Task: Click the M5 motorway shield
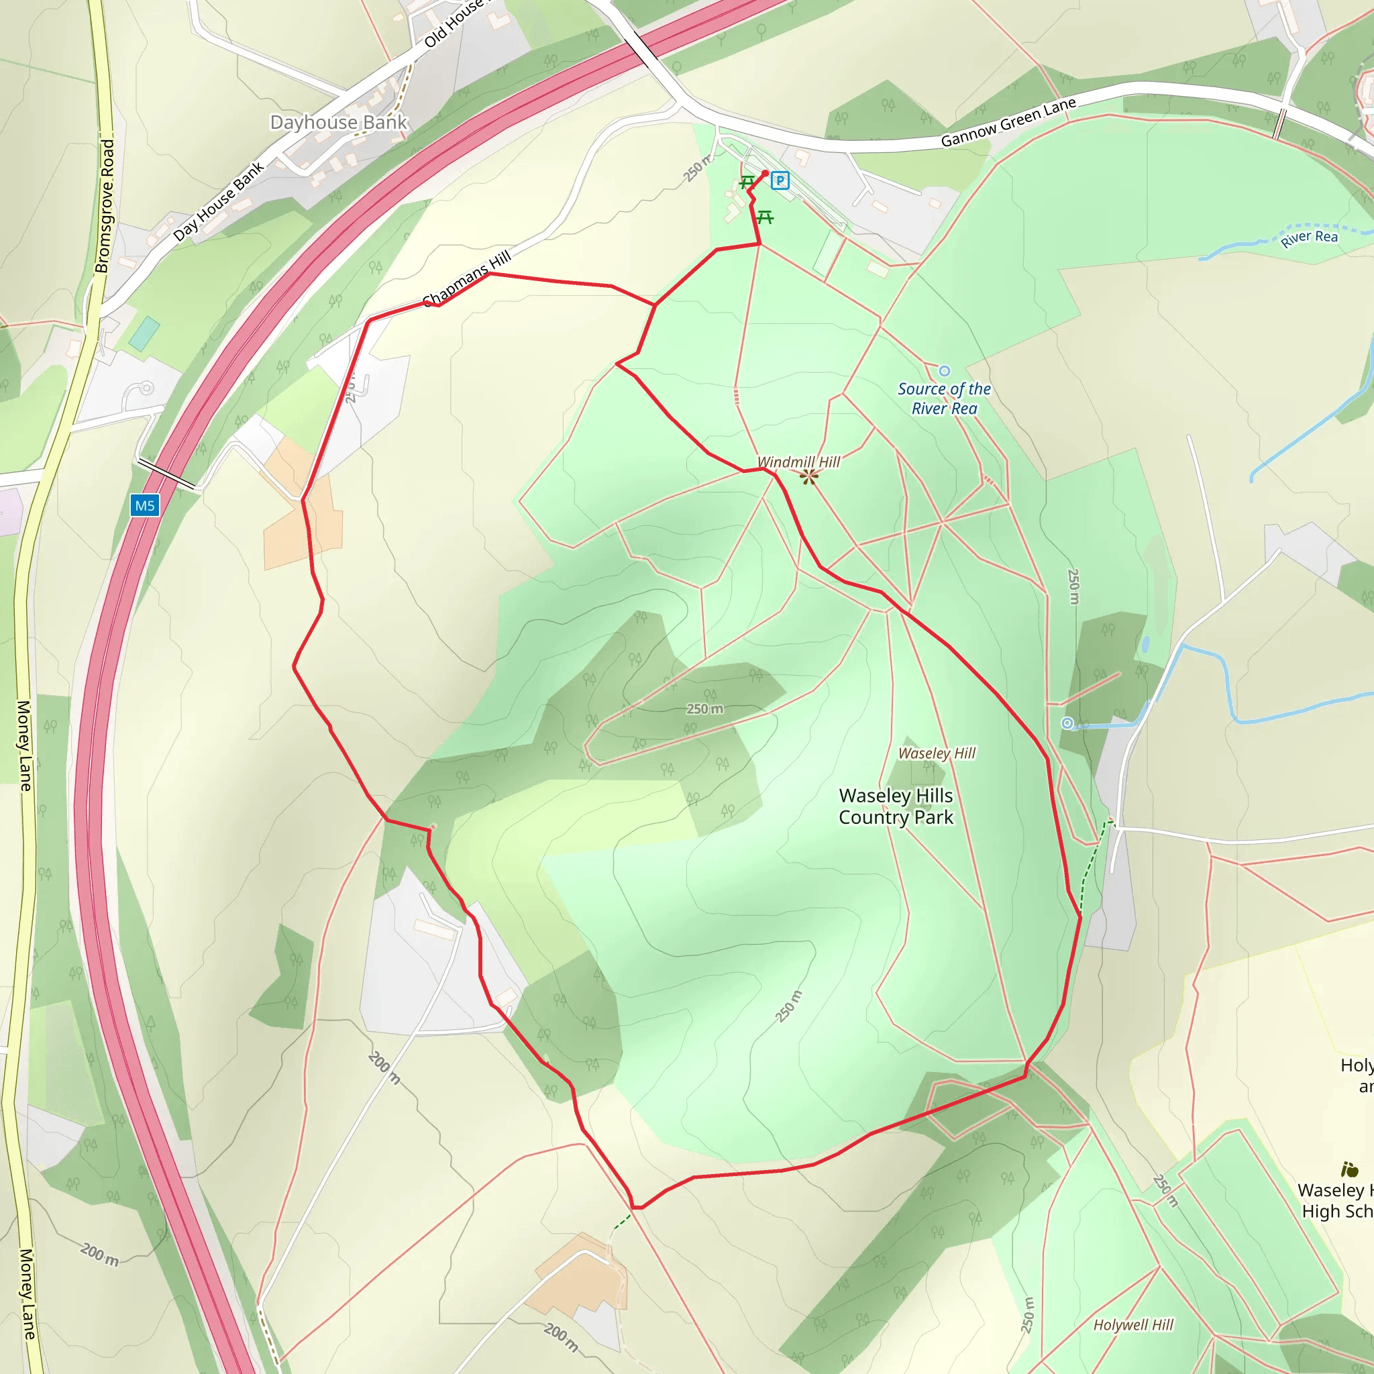tap(144, 506)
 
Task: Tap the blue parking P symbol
tap(780, 180)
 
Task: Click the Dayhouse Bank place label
tap(339, 122)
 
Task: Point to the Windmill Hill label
tap(798, 462)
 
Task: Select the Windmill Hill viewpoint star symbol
tap(808, 476)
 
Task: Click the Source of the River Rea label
tap(944, 399)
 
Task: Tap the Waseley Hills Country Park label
tap(896, 806)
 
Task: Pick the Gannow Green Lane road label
tap(1008, 122)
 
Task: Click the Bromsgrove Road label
tap(105, 206)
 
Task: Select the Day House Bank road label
tap(218, 201)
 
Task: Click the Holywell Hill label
tap(1133, 1324)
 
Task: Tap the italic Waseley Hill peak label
tap(937, 753)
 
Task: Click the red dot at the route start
tap(765, 174)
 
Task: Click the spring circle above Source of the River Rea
tap(945, 370)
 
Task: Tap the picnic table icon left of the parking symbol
tap(747, 182)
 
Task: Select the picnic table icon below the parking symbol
tap(765, 217)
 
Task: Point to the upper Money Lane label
tap(24, 745)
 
